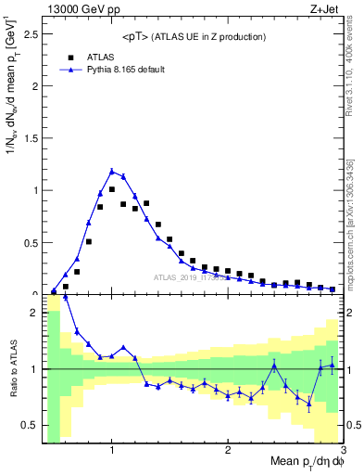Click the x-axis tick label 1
point(112,450)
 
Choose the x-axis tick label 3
point(343,450)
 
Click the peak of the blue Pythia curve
point(112,171)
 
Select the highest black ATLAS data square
point(112,188)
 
